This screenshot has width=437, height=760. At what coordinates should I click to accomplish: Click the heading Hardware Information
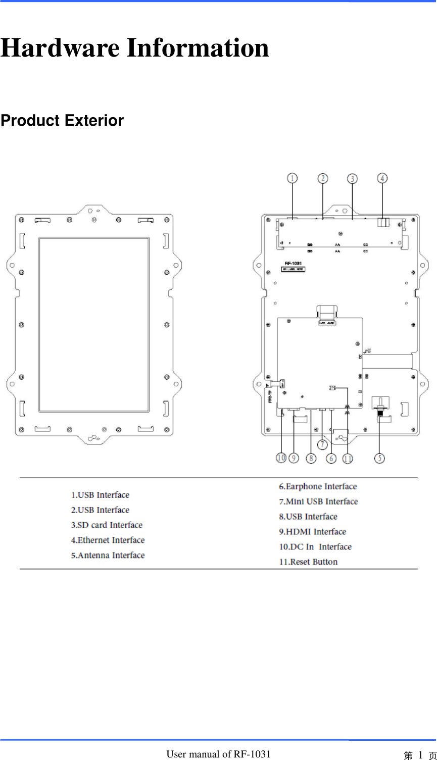point(134,48)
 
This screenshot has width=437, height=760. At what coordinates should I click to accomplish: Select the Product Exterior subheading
point(62,121)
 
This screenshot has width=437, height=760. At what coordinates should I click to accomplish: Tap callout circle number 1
point(292,178)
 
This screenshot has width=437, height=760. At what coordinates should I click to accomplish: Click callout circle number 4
point(382,178)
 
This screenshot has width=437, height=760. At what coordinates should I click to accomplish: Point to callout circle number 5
point(379,458)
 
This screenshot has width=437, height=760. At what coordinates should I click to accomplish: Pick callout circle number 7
point(321,444)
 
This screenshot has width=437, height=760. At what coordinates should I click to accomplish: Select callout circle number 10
point(281,458)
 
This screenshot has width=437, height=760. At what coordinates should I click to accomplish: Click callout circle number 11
point(348,458)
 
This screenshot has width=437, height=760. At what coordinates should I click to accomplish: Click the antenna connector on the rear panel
point(379,407)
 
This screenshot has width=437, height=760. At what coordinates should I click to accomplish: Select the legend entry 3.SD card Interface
point(107,525)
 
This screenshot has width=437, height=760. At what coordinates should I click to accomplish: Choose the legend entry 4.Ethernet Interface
point(108,540)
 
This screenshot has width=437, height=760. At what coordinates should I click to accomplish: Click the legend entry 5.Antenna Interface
point(108,555)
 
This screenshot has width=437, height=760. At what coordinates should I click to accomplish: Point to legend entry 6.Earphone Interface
point(318,487)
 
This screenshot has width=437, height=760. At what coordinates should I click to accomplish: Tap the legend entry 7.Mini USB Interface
point(318,501)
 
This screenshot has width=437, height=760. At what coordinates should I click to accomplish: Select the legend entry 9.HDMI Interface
point(312,532)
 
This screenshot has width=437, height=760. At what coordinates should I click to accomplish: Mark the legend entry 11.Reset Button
point(308,562)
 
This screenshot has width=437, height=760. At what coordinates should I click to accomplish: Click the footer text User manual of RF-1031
point(218,754)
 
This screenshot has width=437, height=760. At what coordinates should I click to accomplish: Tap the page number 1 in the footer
point(420,754)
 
